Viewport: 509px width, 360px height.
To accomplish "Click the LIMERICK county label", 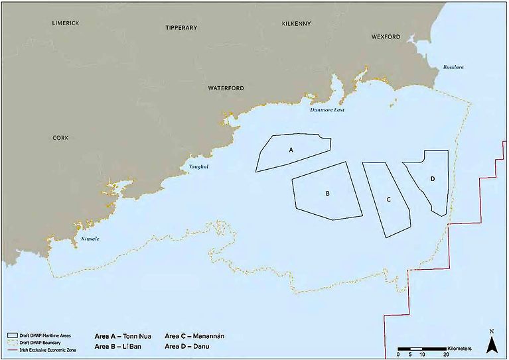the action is coord(66,23).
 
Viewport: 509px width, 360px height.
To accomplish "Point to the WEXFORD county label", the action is coord(386,37).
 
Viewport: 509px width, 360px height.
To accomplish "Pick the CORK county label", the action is coord(60,138).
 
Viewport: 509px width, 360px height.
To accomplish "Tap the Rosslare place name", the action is coord(455,68).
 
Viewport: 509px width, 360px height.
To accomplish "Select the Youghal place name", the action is coord(198,166).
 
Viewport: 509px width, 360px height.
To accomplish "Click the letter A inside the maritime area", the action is coord(291,150).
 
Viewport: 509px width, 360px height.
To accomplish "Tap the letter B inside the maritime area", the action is coord(328,194).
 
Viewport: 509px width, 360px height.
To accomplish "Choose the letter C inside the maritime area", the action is coord(388,199).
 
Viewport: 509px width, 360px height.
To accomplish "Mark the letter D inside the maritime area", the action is coord(432,179).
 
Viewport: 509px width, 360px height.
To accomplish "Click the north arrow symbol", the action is coord(491,342).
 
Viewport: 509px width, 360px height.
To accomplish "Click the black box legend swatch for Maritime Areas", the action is coord(11,335).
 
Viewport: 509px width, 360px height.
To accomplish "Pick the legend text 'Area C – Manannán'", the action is coord(194,335).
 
